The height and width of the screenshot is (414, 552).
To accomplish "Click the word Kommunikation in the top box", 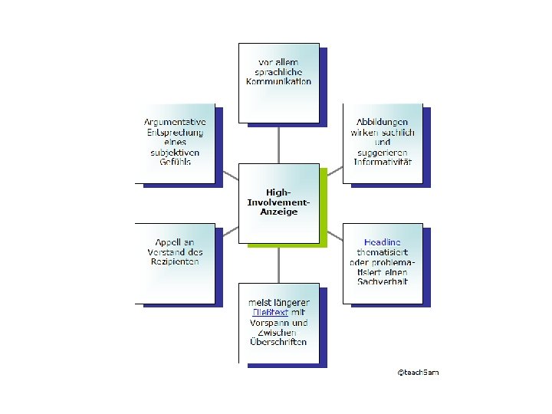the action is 278,81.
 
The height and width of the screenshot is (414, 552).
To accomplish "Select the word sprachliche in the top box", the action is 278,71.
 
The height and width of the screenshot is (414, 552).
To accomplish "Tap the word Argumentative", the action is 176,122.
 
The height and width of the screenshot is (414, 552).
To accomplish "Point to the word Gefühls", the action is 176,162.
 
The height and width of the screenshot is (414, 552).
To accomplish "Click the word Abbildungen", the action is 382,122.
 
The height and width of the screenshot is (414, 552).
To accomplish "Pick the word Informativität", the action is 383,162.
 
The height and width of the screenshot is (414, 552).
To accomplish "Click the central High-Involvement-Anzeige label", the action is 278,201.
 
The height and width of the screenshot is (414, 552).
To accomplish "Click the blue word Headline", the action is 382,242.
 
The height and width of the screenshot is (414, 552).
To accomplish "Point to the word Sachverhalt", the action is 383,282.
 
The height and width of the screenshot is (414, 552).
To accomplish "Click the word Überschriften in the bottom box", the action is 278,342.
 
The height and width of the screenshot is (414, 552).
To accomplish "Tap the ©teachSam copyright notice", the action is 418,373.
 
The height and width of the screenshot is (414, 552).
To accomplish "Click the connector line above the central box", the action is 278,143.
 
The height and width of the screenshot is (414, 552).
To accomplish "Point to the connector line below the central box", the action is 278,264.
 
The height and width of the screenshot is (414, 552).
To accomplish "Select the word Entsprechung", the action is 176,132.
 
